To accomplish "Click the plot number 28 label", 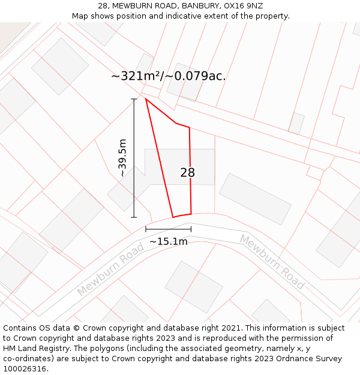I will click(x=187, y=173).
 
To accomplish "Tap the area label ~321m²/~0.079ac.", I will click(x=169, y=76).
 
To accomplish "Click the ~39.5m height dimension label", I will click(x=122, y=157).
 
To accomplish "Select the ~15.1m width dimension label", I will click(x=169, y=241).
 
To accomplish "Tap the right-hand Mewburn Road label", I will click(x=272, y=262).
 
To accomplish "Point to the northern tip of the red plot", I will click(x=146, y=98).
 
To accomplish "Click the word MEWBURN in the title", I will click(x=132, y=6).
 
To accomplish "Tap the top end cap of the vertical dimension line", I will click(x=134, y=98).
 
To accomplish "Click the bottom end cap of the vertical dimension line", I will click(x=134, y=217).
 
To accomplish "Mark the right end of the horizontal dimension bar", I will click(x=191, y=229).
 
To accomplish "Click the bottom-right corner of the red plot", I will click(x=191, y=214).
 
